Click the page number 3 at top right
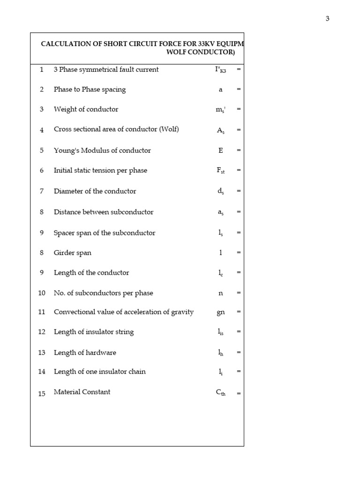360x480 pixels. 328,19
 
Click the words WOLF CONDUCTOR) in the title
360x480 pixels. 201,52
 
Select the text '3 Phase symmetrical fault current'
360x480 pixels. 106,69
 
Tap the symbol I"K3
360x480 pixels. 220,70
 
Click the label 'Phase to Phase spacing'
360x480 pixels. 90,90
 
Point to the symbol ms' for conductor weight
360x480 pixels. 220,110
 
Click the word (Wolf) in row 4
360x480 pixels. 169,129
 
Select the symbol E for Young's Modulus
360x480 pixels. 220,150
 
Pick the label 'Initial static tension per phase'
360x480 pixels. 100,171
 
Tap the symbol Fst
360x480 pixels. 220,171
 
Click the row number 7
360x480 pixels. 42,191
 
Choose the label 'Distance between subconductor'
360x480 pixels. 104,212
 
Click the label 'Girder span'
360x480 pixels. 73,253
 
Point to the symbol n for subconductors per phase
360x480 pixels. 220,293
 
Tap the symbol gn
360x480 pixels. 220,313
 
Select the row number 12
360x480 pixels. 42,332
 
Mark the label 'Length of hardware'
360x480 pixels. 85,352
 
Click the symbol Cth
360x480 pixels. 220,393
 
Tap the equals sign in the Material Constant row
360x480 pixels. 239,393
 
